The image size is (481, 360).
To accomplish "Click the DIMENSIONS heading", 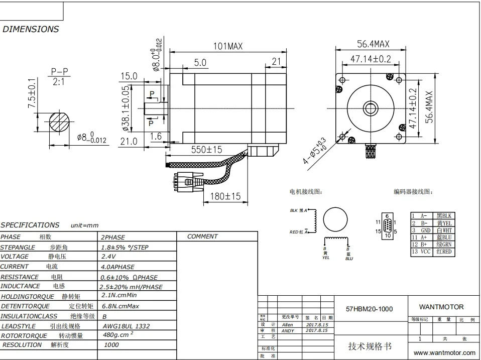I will pyautogui.click(x=31, y=29).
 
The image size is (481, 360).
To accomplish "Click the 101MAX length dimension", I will pyautogui.click(x=228, y=46).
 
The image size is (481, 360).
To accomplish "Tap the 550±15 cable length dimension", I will pyautogui.click(x=207, y=149).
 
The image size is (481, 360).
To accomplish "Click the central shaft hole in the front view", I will pyautogui.click(x=371, y=107).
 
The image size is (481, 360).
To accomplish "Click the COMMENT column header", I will pyautogui.click(x=202, y=236).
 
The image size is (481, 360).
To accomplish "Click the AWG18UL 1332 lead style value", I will pyautogui.click(x=125, y=326).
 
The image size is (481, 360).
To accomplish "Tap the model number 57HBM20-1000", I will pyautogui.click(x=370, y=309).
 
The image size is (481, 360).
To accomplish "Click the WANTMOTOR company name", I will pyautogui.click(x=441, y=307).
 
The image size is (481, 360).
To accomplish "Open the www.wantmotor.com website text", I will pyautogui.click(x=441, y=353).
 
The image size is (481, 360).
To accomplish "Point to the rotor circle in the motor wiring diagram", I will pyautogui.click(x=335, y=219).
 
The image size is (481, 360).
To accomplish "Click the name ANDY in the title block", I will pyautogui.click(x=288, y=331).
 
